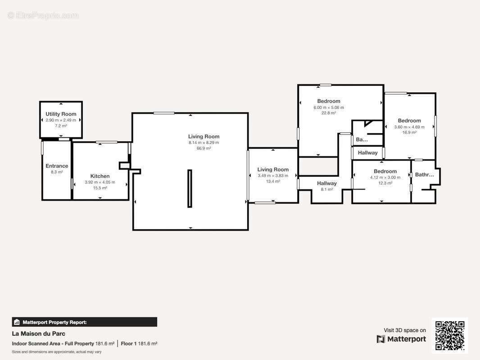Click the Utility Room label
click(61, 114)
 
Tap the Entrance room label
click(57, 166)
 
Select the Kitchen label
click(100, 176)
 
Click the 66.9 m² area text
click(204, 148)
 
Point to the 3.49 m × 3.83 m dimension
click(273, 175)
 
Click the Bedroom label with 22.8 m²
click(328, 101)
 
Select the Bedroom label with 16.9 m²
click(409, 121)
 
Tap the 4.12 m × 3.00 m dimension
click(385, 177)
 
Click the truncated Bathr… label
click(424, 175)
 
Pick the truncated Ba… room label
click(362, 139)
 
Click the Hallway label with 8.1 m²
click(326, 183)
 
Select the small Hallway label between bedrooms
click(367, 153)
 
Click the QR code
click(450, 336)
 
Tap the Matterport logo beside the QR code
click(401, 339)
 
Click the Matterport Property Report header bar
click(85, 322)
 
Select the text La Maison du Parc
click(39, 333)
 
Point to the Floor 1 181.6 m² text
click(139, 343)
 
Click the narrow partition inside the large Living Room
click(190, 189)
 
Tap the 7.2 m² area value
click(61, 126)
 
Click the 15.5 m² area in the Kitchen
click(100, 188)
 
